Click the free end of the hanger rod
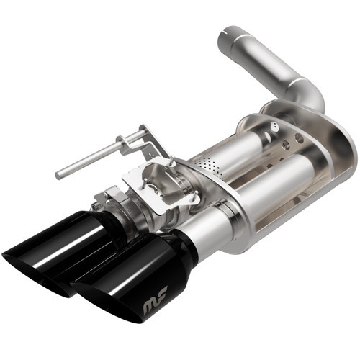coord(59,174)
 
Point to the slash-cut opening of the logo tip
coord(94,295)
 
